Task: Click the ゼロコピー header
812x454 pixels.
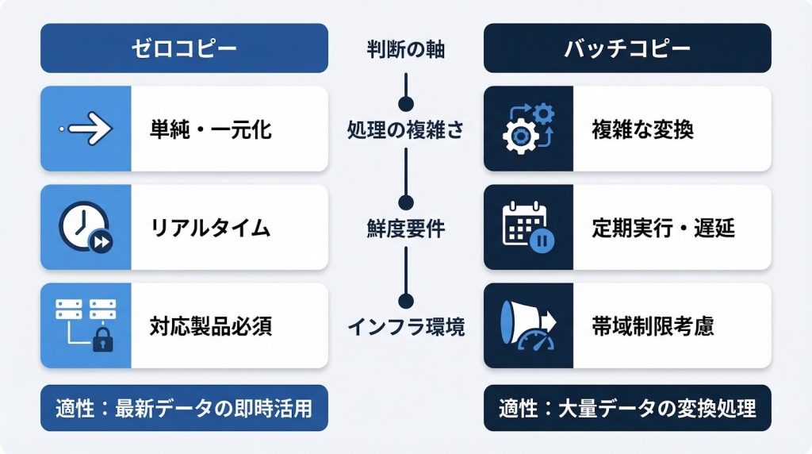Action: [184, 48]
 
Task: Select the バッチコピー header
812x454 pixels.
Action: [627, 48]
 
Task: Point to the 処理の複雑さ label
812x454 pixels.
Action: [405, 129]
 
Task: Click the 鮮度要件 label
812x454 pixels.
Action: [405, 229]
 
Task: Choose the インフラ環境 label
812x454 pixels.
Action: [405, 326]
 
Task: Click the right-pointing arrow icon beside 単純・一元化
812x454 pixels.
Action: [86, 129]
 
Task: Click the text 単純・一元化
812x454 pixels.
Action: [211, 129]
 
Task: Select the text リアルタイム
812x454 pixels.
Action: [210, 229]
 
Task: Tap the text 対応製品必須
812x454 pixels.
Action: [211, 326]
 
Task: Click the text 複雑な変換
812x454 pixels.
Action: [642, 129]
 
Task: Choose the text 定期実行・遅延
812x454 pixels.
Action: [663, 229]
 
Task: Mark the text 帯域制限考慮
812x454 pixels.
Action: [653, 326]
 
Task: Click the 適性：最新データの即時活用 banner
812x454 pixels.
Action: [184, 410]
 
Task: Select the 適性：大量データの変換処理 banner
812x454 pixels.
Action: [627, 410]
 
